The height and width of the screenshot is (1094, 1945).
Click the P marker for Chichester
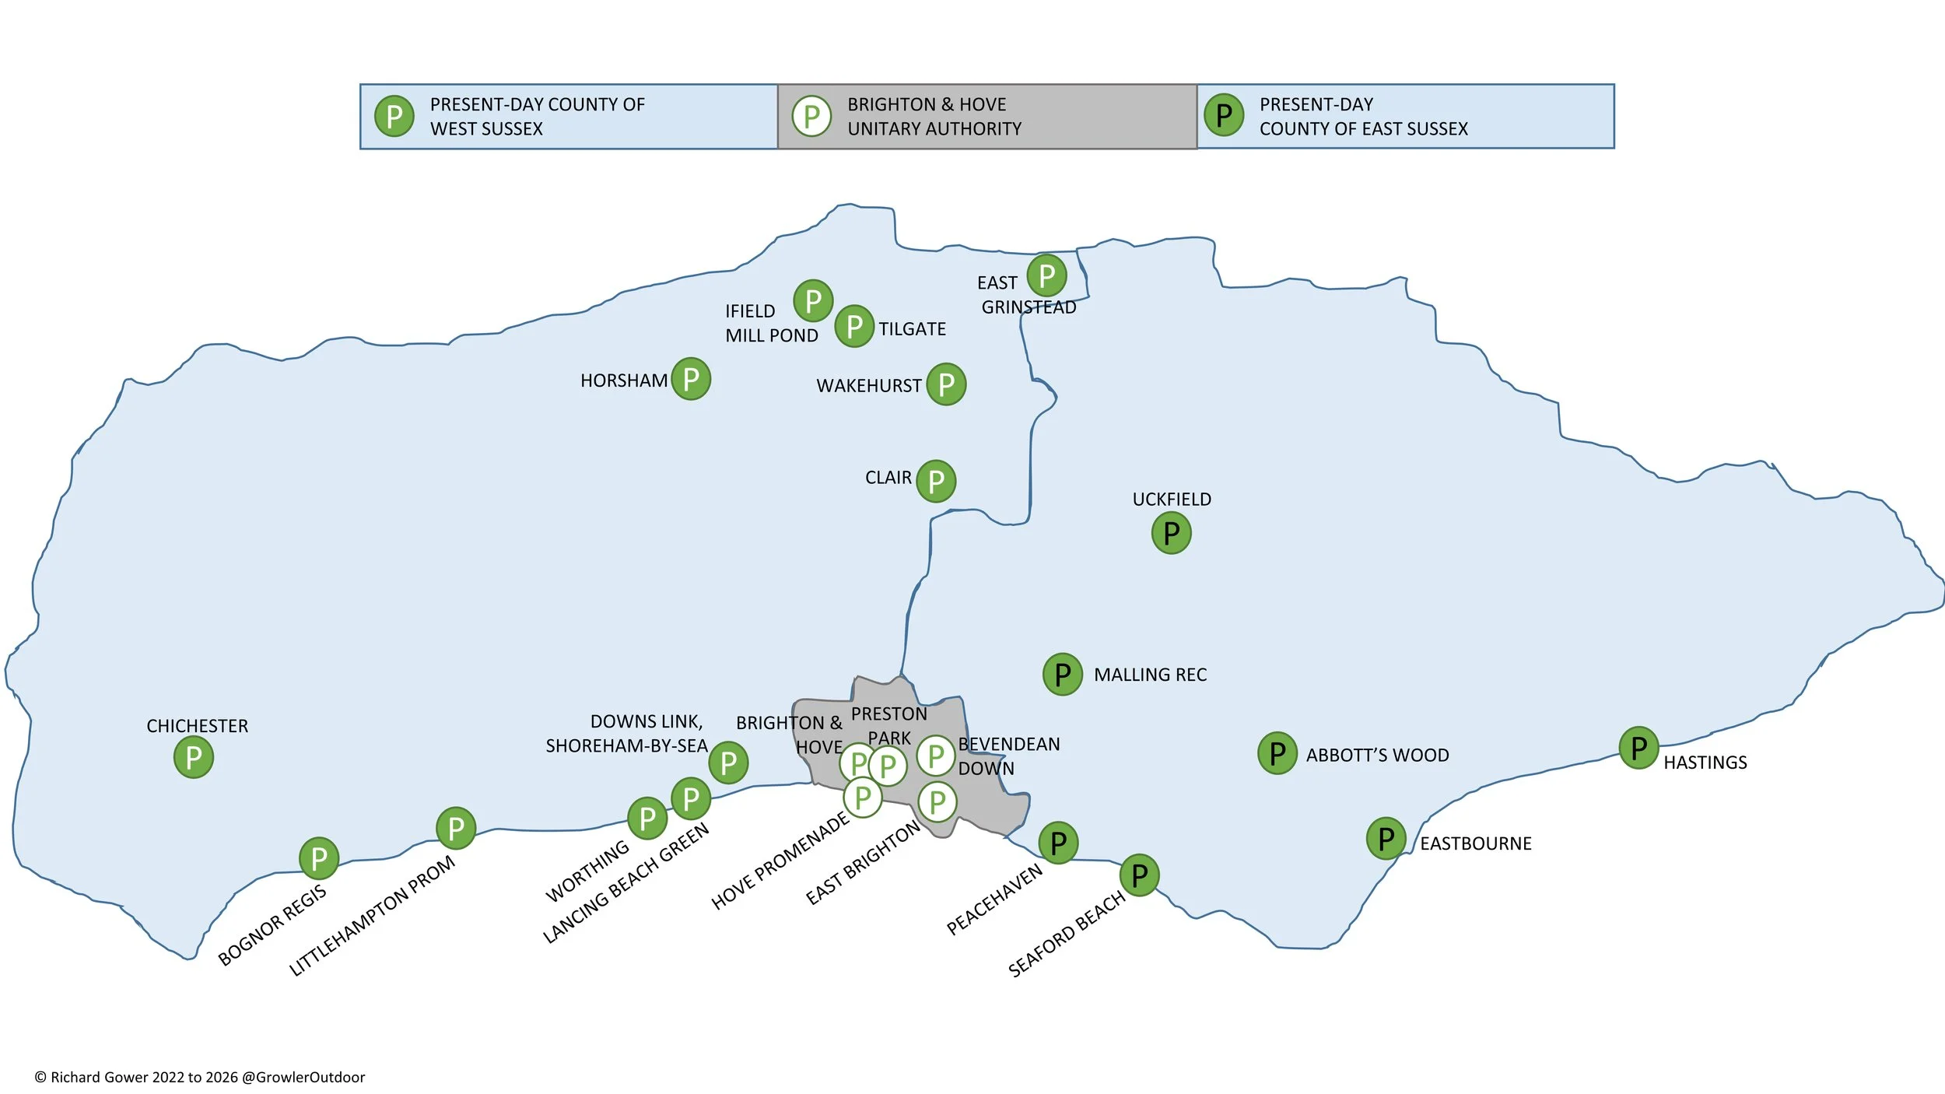pyautogui.click(x=194, y=757)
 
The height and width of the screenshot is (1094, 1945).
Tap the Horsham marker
pyautogui.click(x=691, y=379)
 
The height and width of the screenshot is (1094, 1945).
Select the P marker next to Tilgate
pyautogui.click(x=854, y=326)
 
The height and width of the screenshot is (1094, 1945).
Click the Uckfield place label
pyautogui.click(x=1172, y=500)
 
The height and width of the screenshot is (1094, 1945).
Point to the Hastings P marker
pyautogui.click(x=1638, y=748)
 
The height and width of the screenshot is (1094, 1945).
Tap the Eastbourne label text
pyautogui.click(x=1476, y=843)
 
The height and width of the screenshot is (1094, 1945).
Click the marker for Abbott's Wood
pyautogui.click(x=1277, y=753)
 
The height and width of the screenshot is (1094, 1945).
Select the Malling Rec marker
pyautogui.click(x=1063, y=674)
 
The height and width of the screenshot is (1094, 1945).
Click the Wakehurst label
pyautogui.click(x=869, y=386)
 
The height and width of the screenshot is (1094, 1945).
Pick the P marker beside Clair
pyautogui.click(x=936, y=482)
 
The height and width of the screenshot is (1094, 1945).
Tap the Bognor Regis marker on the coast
pyautogui.click(x=319, y=858)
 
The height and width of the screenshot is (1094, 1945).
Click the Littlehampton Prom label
pyautogui.click(x=372, y=916)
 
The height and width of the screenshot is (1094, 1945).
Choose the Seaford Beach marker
pyautogui.click(x=1140, y=875)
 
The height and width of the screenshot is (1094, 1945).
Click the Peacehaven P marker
pyautogui.click(x=1058, y=843)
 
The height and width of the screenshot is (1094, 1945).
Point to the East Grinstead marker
pyautogui.click(x=1046, y=275)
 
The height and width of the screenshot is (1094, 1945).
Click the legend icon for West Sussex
pyautogui.click(x=394, y=116)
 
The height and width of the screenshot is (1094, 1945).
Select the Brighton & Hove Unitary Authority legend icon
pyautogui.click(x=811, y=116)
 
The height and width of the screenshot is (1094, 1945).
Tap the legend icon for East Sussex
pyautogui.click(x=1224, y=115)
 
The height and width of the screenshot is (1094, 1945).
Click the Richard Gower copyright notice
pyautogui.click(x=200, y=1077)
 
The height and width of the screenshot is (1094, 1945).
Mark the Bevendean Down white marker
pyautogui.click(x=936, y=756)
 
